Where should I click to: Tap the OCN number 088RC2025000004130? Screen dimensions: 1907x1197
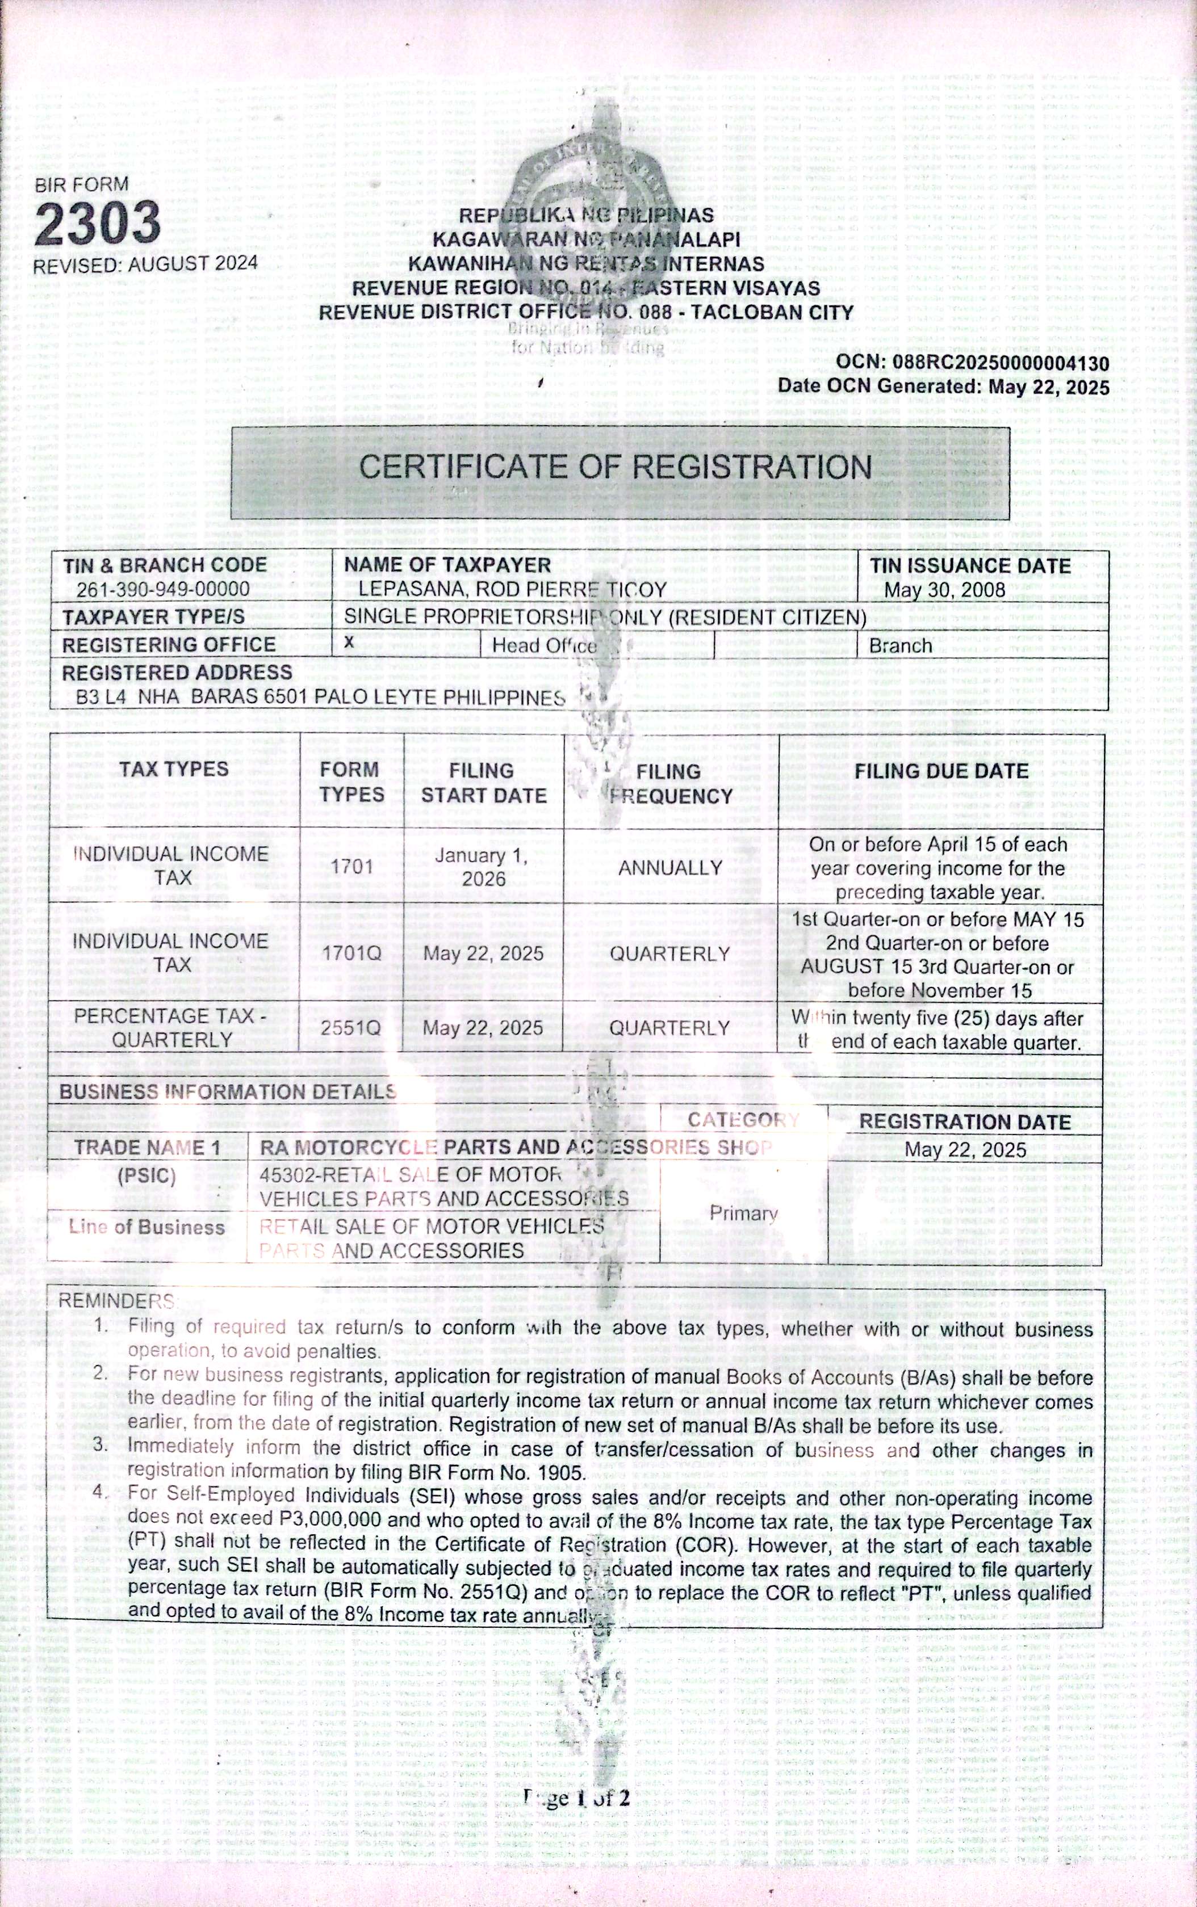coord(1000,363)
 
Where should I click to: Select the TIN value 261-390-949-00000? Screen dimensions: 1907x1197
coord(162,590)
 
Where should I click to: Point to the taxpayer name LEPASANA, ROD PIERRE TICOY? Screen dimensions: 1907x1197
coord(512,590)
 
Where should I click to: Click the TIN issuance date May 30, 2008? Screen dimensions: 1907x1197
coord(944,590)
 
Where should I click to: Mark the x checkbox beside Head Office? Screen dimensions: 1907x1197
coord(349,643)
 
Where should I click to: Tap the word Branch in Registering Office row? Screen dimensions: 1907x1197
coord(900,646)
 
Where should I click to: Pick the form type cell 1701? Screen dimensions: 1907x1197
coord(351,867)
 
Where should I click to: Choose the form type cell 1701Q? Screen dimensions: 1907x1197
coord(351,953)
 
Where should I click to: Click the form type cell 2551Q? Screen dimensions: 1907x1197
coord(351,1028)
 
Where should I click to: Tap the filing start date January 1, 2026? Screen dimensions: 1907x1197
coord(483,867)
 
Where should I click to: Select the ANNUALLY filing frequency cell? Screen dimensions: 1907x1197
coord(669,868)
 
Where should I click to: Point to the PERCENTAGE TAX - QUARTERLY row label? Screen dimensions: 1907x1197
coord(172,1027)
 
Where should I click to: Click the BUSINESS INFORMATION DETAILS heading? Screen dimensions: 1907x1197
coord(227,1092)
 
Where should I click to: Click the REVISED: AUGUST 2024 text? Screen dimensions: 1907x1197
coord(145,264)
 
